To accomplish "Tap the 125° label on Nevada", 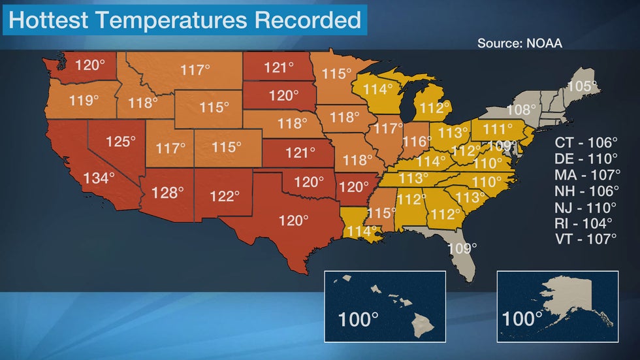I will (121, 141).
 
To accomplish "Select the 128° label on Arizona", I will (168, 193).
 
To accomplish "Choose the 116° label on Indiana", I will (417, 140).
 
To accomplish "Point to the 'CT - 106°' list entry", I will (586, 143).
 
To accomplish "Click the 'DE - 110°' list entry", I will (586, 159).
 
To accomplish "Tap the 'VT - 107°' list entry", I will (586, 238).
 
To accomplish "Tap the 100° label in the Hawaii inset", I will (359, 320).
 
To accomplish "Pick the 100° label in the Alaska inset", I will (522, 319).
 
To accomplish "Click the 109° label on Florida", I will (462, 248).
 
